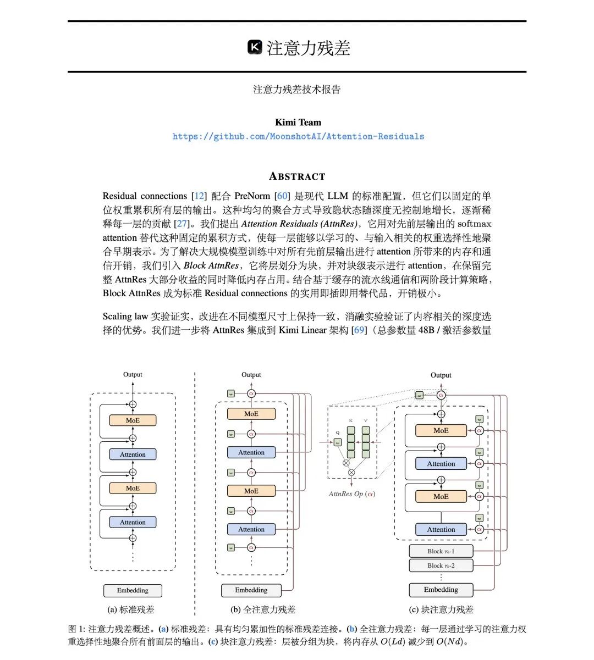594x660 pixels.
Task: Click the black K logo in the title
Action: coord(255,47)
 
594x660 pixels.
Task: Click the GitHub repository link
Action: coord(298,136)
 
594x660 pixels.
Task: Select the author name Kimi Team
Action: coord(298,122)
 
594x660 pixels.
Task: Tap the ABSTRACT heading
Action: coord(297,176)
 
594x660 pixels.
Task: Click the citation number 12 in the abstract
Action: coord(199,196)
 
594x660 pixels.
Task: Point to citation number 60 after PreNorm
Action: coord(282,196)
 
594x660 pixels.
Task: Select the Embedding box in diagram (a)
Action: coord(133,591)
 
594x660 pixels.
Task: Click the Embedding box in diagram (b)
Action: coord(251,590)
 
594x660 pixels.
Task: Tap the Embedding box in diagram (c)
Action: coord(441,590)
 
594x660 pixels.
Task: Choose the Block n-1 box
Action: coord(441,551)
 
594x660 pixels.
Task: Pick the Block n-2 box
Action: coord(441,565)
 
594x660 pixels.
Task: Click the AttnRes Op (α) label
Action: coord(351,493)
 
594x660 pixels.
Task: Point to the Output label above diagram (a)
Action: coord(133,375)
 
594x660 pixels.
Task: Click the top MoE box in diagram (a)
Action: coord(133,420)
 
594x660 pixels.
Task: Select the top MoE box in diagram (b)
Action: coord(251,414)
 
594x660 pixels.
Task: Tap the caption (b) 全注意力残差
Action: coord(263,609)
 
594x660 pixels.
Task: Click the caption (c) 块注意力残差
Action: coord(441,609)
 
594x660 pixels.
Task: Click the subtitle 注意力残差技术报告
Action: coord(297,90)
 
